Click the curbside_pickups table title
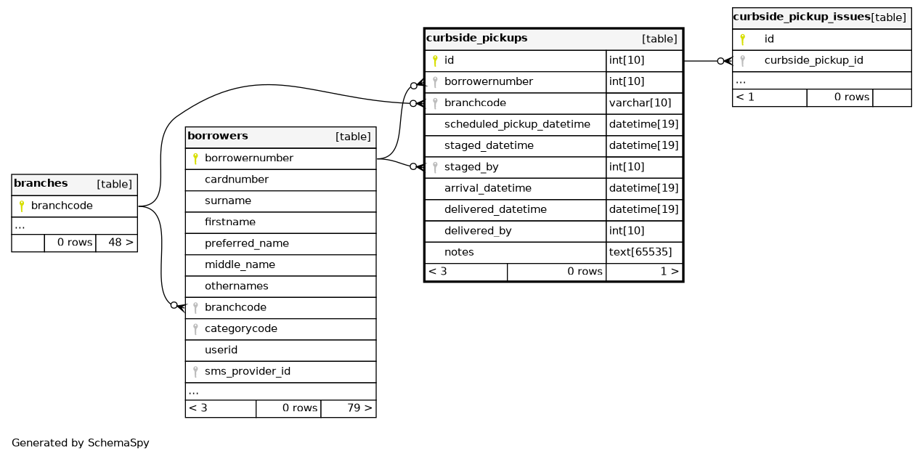(476, 38)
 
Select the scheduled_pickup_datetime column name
(517, 124)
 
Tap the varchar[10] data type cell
(640, 102)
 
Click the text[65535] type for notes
(641, 252)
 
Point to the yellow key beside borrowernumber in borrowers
(196, 158)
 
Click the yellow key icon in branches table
(22, 206)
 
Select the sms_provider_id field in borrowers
(248, 371)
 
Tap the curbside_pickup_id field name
(813, 60)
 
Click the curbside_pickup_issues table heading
(802, 17)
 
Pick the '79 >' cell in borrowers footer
(359, 408)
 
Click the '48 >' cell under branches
(121, 243)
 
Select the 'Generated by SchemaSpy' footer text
(81, 443)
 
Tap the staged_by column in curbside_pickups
(471, 167)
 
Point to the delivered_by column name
(478, 231)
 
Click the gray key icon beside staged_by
(435, 167)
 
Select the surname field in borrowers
(228, 201)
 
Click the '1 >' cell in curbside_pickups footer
(669, 271)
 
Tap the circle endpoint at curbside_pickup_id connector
(720, 61)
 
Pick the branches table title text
(41, 183)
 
